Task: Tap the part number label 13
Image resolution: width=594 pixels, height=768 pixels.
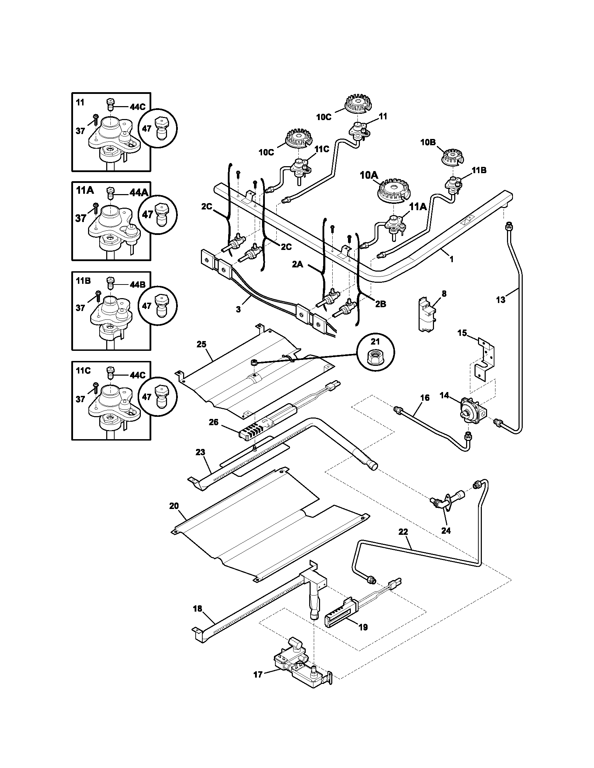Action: pos(500,300)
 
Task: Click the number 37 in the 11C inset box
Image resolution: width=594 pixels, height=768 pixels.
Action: pos(80,399)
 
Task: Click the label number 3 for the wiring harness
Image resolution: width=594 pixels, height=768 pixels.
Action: pos(238,309)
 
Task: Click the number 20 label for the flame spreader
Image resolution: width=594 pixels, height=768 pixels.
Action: pos(174,506)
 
